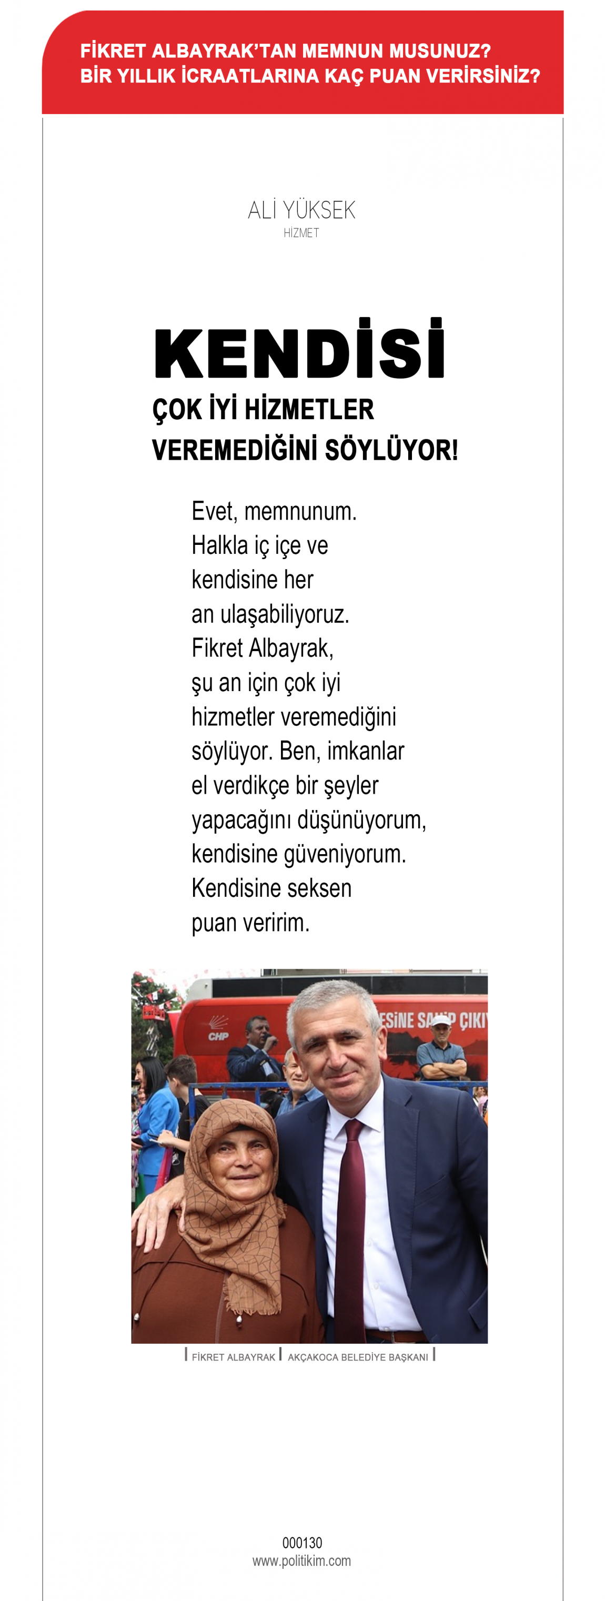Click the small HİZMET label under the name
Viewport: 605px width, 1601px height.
pos(301,233)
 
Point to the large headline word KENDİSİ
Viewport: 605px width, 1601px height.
pos(300,352)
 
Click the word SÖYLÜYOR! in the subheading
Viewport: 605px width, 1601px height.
pos(392,451)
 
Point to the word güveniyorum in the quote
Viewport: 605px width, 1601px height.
pos(345,855)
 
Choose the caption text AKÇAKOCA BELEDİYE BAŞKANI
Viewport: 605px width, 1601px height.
pos(358,1357)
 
